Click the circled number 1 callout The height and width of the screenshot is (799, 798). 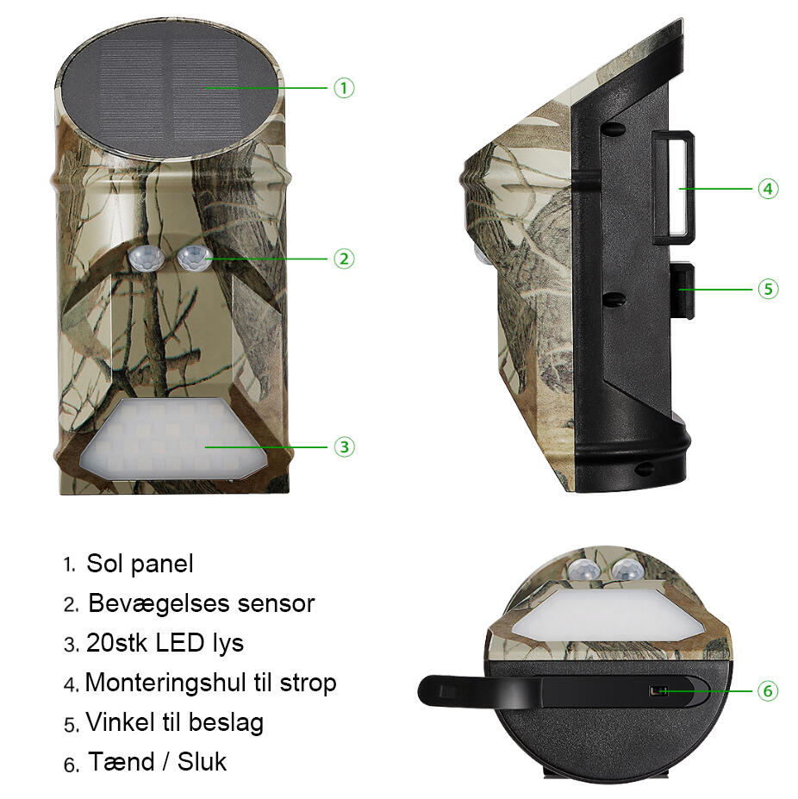coord(344,88)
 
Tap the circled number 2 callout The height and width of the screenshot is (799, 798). coord(344,259)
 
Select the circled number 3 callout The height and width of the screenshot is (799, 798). coord(344,446)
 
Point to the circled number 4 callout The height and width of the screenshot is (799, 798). coord(768,189)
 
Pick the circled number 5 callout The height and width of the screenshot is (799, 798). coord(768,290)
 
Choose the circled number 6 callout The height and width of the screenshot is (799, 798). coord(768,691)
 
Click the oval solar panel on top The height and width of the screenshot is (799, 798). coord(170,89)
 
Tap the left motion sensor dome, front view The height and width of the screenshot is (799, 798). coord(147,258)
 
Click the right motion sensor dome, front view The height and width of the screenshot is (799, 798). coord(195,257)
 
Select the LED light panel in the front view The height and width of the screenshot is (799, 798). coord(174,438)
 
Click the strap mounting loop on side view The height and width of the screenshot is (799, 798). coord(673,187)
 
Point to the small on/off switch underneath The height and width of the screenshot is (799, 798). coord(658,691)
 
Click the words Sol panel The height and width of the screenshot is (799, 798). coord(140,564)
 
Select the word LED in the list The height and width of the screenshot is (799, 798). coord(180,643)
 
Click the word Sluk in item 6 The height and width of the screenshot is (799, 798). coord(202,762)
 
